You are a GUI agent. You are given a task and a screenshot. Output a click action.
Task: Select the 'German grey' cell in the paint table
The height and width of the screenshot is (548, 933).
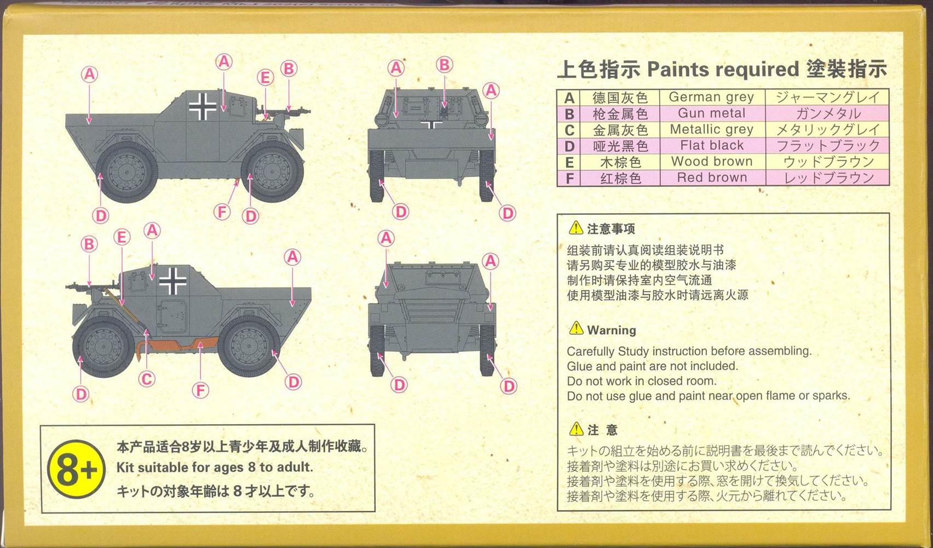pos(712,97)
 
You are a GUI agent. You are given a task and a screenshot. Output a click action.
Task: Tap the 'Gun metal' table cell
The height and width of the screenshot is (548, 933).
pos(712,113)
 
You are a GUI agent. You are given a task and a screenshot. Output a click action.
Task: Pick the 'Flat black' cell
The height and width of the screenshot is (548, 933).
pos(712,145)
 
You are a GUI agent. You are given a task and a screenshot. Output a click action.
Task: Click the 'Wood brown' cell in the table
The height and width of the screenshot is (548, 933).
pos(712,161)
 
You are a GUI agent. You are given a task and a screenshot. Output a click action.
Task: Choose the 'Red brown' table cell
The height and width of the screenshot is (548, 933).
pos(712,178)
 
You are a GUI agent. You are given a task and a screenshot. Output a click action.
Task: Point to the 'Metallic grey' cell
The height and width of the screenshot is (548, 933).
pos(712,129)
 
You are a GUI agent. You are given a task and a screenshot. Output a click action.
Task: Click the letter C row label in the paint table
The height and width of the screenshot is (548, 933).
pos(569,130)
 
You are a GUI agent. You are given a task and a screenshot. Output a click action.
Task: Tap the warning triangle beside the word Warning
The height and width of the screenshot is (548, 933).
pos(576,328)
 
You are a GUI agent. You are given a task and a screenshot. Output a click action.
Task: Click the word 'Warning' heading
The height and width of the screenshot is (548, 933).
pos(612,330)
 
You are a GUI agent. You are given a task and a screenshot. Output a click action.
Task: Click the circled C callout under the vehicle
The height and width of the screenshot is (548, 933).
pos(146,379)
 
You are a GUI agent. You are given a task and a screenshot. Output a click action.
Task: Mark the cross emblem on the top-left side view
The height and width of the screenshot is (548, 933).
pos(203,106)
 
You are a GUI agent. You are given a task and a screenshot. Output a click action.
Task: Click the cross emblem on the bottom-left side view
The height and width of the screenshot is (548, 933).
pos(173,281)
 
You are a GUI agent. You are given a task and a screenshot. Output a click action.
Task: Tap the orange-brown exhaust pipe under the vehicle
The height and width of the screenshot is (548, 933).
pos(179,346)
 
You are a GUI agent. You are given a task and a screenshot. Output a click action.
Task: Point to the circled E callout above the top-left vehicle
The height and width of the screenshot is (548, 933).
pos(265,78)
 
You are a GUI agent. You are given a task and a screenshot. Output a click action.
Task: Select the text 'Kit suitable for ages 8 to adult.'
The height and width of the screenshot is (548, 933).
pos(215,467)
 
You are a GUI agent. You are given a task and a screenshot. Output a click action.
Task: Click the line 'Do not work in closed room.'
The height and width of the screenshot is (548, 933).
pos(642,381)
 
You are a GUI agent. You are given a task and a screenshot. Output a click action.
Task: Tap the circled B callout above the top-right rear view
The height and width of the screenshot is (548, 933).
pos(445,65)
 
